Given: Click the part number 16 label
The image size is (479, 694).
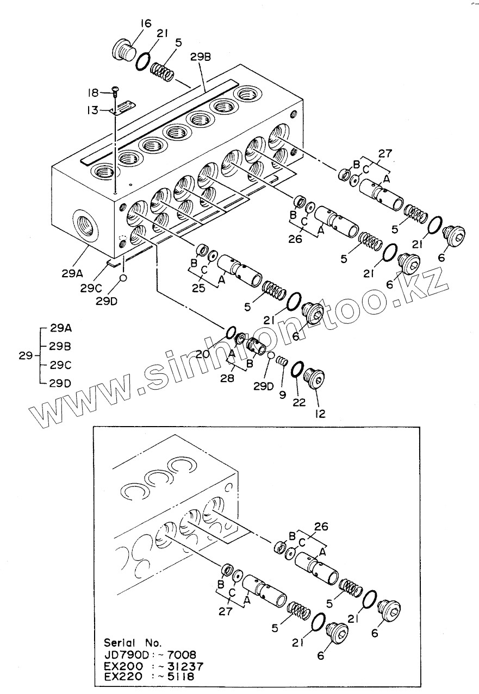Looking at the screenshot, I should click(x=145, y=23).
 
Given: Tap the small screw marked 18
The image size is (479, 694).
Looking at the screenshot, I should click(x=115, y=90).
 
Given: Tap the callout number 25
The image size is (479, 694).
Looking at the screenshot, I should click(x=198, y=288).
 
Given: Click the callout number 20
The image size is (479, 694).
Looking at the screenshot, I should click(x=203, y=354).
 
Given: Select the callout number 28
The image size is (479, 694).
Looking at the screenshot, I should click(x=227, y=378).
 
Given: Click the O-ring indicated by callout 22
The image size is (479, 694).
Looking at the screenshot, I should click(x=297, y=369).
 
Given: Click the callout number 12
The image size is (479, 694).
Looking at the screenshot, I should click(x=319, y=414).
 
